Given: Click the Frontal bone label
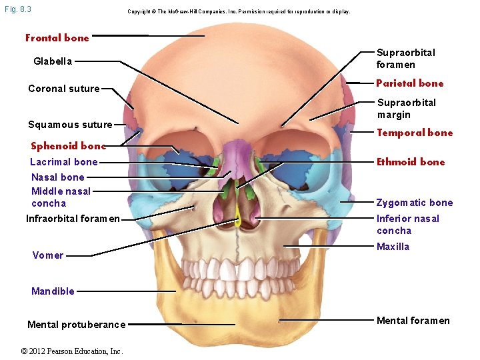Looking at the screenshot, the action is [57, 38].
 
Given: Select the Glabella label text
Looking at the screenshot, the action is [53, 61].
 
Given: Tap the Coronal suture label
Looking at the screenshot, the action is [64, 89].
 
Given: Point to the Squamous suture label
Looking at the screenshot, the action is [70, 125].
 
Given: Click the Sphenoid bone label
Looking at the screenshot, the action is [69, 146].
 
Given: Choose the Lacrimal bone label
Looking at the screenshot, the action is [64, 162].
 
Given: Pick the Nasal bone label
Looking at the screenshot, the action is [58, 177].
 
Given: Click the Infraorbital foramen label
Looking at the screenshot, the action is [73, 219].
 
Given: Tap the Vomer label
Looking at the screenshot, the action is [48, 255].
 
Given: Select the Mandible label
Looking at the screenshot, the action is [53, 291].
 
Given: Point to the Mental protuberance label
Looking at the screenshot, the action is [76, 325].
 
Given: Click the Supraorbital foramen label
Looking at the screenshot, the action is [405, 59].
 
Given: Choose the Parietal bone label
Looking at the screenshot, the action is [409, 83].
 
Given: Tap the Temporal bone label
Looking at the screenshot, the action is [415, 133].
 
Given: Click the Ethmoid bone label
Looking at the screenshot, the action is [411, 162].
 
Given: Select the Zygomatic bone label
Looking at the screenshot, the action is [415, 203].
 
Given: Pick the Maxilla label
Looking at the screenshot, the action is [393, 247].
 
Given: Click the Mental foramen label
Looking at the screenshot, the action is [413, 321].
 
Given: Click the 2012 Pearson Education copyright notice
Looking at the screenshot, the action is [71, 351].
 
